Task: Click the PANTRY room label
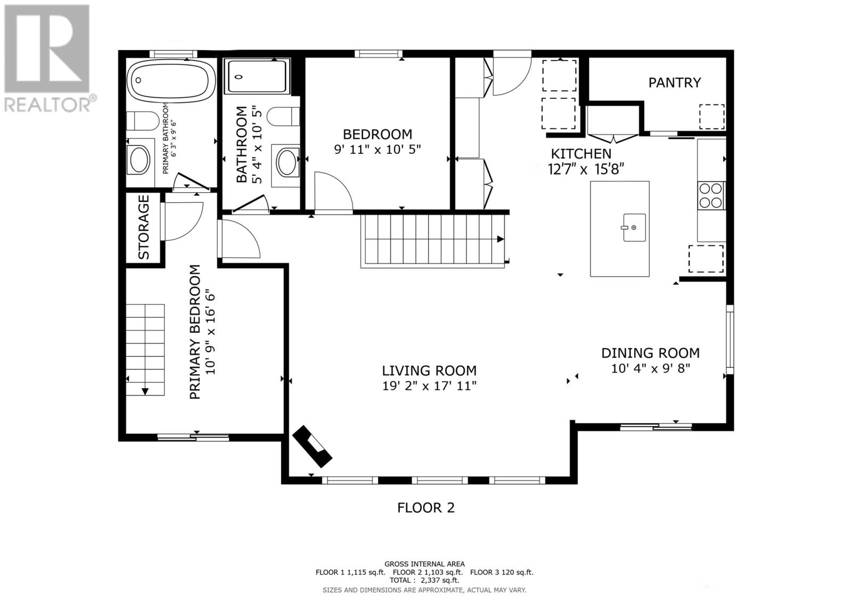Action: pos(674,83)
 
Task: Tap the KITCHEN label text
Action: pos(581,154)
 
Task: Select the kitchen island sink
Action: pos(634,227)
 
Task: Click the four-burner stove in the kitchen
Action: pos(711,195)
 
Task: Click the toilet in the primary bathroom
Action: pos(142,120)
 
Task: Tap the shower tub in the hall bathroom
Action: pos(257,77)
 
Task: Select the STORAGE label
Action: pos(143,227)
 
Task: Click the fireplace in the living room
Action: pos(312,446)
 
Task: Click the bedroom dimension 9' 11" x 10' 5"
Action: pos(378,150)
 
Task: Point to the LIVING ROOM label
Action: pos(429,370)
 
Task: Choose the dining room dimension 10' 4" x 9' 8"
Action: pos(650,368)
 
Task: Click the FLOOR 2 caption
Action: pos(425,508)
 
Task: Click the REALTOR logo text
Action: pos(47,105)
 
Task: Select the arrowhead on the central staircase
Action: pos(501,239)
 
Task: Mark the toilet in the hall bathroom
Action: pos(283,117)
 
